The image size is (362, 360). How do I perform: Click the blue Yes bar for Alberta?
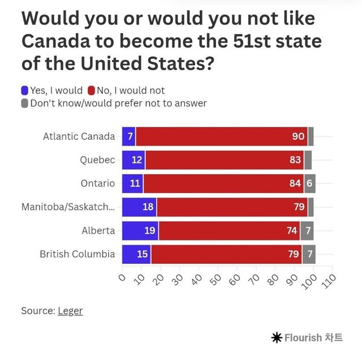tap(140, 230)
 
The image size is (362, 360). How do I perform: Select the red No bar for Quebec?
tap(224, 160)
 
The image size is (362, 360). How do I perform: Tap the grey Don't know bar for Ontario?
tap(309, 183)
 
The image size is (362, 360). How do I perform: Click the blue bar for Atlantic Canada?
tap(128, 136)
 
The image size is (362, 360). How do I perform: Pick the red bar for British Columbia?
tap(226, 254)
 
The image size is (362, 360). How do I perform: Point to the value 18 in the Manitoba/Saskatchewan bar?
tap(148, 207)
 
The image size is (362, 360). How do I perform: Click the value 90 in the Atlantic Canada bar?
tap(298, 136)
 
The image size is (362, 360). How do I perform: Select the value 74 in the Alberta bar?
tap(292, 230)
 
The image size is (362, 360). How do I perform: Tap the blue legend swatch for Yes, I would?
tap(24, 90)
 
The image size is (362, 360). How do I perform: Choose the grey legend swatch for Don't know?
tap(24, 104)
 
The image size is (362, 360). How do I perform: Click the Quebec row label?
tap(97, 160)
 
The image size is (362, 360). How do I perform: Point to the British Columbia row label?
tap(77, 254)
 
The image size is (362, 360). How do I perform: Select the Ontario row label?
tap(98, 183)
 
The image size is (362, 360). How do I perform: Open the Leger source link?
tap(70, 311)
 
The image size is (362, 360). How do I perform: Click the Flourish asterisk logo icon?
tap(277, 338)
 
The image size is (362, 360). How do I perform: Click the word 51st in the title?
tap(252, 41)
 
